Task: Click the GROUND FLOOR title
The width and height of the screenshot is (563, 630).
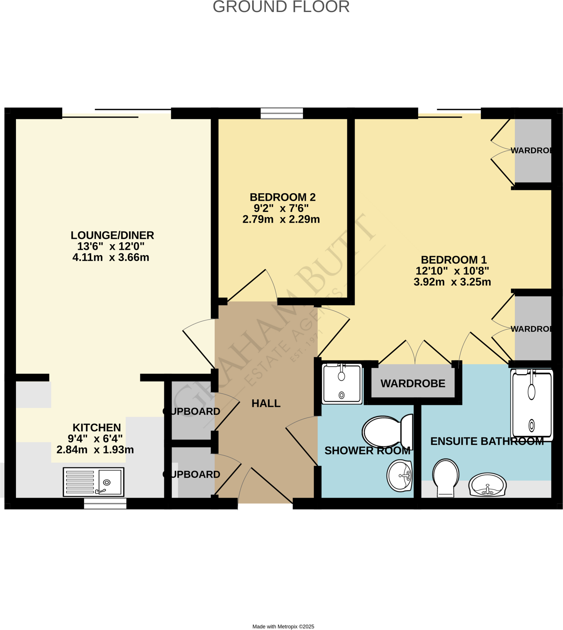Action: pos(281,7)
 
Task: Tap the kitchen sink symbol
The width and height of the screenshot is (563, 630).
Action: pos(93,482)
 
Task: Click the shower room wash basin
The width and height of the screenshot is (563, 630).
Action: pos(399,476)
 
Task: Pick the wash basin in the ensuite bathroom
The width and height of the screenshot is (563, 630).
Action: pos(487,484)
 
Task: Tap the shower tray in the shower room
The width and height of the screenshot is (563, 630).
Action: pos(342,384)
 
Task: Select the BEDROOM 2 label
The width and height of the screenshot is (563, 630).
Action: pos(283,197)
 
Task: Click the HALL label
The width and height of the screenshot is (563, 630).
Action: pos(266,403)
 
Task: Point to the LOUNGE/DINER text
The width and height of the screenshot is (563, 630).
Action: pos(112,235)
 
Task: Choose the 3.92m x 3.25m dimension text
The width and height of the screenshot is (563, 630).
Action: pos(452,282)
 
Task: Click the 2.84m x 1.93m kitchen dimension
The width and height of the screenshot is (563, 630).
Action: pos(95,450)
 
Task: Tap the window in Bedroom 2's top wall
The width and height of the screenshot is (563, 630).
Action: pos(282,113)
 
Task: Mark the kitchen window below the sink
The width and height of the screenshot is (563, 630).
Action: pos(105,504)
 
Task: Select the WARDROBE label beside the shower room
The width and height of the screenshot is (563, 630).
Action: pos(413,383)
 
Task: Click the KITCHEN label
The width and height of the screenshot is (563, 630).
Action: pos(97,427)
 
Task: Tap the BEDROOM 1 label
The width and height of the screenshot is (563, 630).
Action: pos(454,260)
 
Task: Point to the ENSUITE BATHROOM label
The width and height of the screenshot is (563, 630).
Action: pos(487,441)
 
